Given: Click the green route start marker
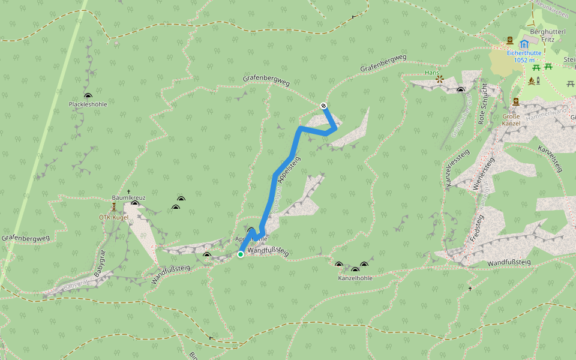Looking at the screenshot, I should [241, 254].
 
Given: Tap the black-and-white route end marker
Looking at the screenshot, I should [324, 106].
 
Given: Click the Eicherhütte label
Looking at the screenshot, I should [524, 53].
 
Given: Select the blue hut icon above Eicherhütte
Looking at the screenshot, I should [525, 44].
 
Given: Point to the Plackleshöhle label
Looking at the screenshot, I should [88, 104].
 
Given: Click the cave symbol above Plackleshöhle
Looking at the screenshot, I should [88, 95].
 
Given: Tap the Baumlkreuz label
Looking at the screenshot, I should [128, 197].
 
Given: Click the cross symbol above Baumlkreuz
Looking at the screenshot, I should [128, 191].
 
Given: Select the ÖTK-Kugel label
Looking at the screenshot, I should [114, 217].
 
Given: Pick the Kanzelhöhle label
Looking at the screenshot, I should [355, 278].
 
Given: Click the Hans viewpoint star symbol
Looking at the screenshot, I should [440, 79].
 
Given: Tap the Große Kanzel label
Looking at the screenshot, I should [511, 120].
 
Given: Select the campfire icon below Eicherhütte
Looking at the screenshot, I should [530, 80].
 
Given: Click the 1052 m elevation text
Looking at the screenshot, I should [524, 60].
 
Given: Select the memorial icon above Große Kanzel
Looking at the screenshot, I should [516, 101].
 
